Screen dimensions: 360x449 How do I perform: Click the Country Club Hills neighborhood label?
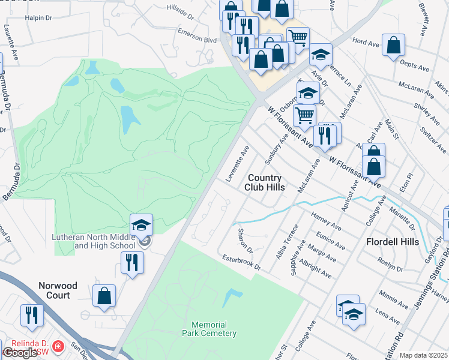tap(263, 182)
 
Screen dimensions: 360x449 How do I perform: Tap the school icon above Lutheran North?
tap(142, 225)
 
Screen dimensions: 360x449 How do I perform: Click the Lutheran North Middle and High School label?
tap(96, 242)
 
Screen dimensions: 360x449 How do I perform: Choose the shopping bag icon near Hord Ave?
tap(393, 44)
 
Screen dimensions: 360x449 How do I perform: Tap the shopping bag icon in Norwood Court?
tap(104, 296)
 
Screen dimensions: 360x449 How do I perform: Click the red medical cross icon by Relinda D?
tap(58, 347)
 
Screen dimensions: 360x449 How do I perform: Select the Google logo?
tap(20, 352)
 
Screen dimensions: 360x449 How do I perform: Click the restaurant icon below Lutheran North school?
tap(131, 262)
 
